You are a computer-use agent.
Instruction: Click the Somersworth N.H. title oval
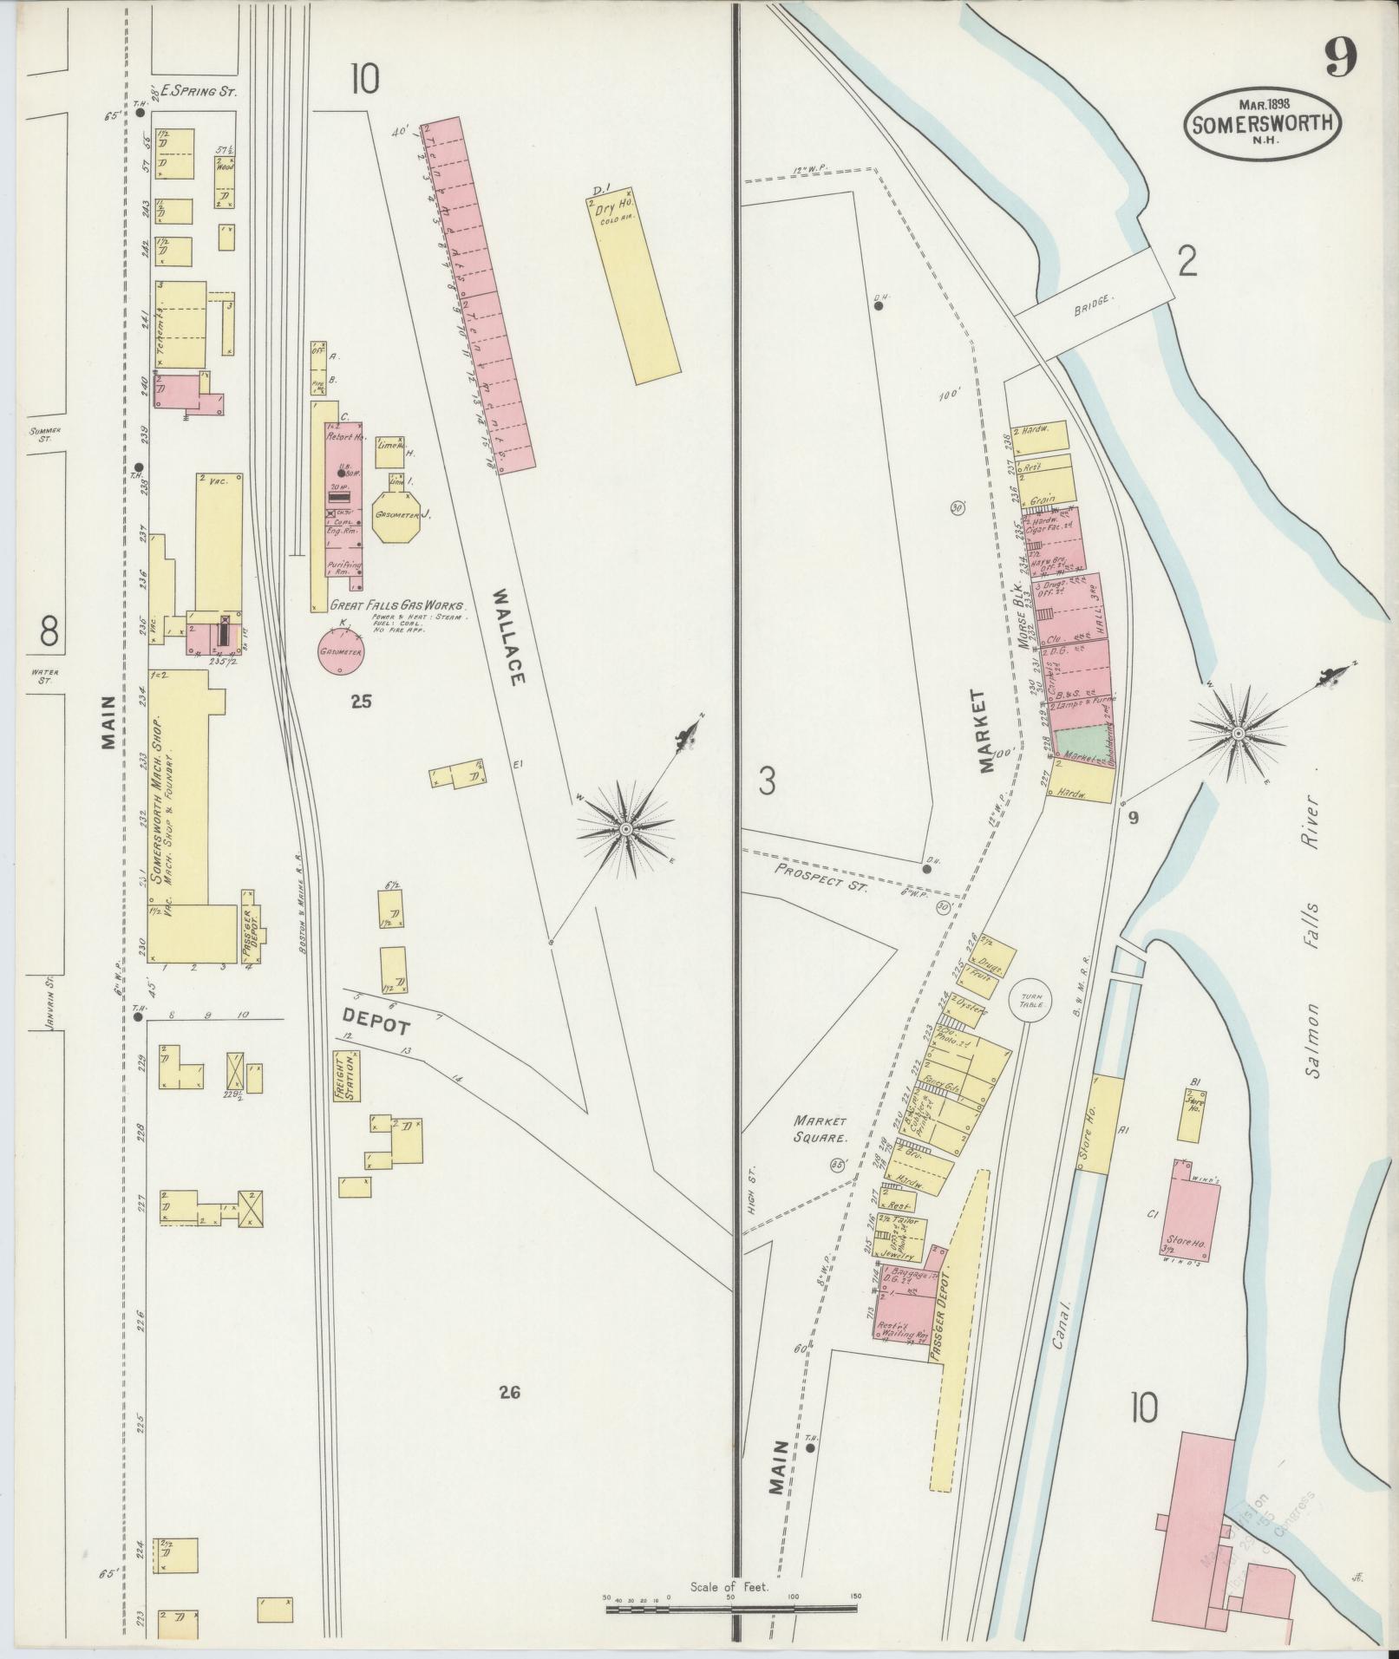[x=1262, y=122]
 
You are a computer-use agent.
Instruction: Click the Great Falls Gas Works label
[x=398, y=607]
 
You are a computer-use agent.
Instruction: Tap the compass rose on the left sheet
[x=625, y=830]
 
